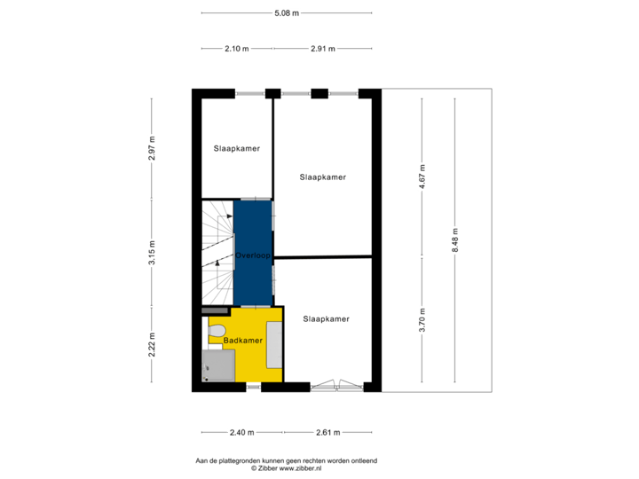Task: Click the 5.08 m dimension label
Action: click(287, 13)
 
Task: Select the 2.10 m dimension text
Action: click(237, 49)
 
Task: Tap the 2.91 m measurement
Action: click(323, 49)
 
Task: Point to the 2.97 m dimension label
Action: click(152, 148)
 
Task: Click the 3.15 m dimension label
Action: click(152, 253)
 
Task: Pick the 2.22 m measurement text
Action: click(152, 345)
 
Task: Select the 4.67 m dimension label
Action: click(422, 177)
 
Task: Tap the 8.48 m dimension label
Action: click(455, 240)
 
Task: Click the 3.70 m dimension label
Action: click(422, 320)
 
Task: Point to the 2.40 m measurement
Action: click(241, 433)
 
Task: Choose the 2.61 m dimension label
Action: click(328, 433)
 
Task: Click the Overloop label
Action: click(253, 255)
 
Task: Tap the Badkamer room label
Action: click(243, 341)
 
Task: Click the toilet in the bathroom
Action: click(217, 330)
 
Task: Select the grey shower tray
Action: click(218, 365)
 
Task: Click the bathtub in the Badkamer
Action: click(274, 345)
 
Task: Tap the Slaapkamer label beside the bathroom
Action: click(326, 319)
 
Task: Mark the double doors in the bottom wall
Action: click(336, 385)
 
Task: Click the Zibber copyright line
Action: click(286, 468)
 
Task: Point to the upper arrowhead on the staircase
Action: click(230, 216)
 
